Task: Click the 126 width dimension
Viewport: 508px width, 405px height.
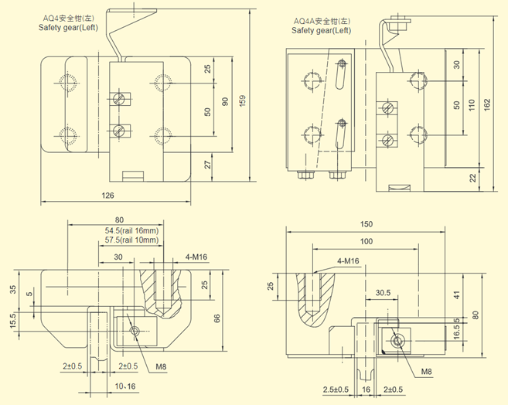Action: pyautogui.click(x=108, y=195)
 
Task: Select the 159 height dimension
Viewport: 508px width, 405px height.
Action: pyautogui.click(x=242, y=100)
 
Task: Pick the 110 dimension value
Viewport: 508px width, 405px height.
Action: pyautogui.click(x=472, y=105)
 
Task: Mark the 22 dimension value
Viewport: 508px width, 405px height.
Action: pyautogui.click(x=471, y=178)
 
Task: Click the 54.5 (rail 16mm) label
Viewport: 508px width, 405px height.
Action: pyautogui.click(x=131, y=230)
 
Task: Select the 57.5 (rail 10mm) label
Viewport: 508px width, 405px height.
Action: pyautogui.click(x=131, y=240)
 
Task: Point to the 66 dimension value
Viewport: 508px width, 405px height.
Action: pyautogui.click(x=218, y=318)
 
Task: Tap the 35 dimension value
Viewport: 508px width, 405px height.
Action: pyautogui.click(x=12, y=290)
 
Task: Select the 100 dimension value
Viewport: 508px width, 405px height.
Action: pyautogui.click(x=364, y=243)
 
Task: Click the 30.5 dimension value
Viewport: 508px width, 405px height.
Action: pyautogui.click(x=383, y=293)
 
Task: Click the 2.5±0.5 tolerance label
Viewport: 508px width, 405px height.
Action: pyautogui.click(x=336, y=388)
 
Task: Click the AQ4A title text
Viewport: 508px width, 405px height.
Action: pyautogui.click(x=321, y=21)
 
